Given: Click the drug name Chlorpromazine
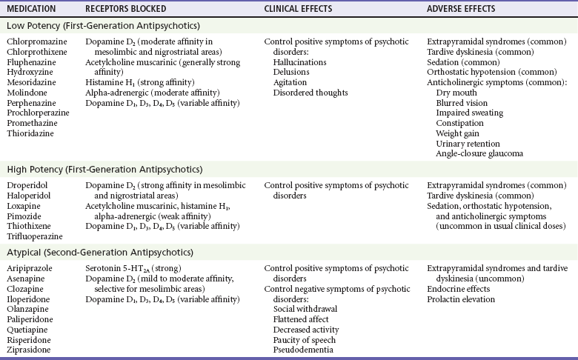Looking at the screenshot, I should tap(35, 41).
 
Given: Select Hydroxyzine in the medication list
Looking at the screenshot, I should tap(30, 73).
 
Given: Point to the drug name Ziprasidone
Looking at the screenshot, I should tap(30, 349).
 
